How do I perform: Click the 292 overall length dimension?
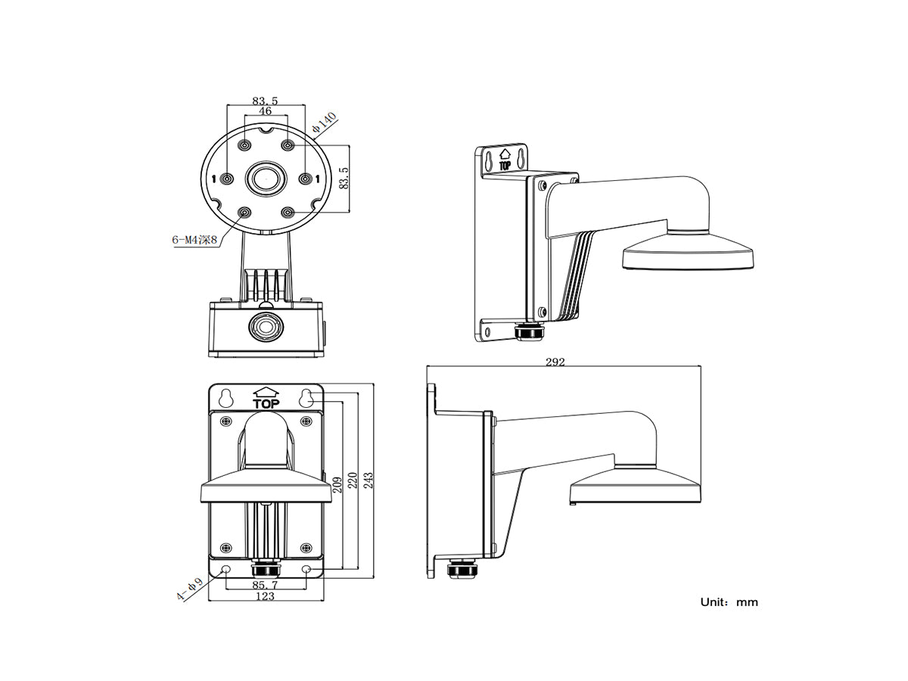[555, 362]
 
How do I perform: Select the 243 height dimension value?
[368, 481]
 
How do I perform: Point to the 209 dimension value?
[337, 482]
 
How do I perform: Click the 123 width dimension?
[264, 596]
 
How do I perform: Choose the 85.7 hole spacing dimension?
[264, 585]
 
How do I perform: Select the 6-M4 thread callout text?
[194, 240]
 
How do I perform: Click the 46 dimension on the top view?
[266, 110]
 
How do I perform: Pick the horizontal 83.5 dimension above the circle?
[266, 99]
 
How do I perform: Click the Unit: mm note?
[729, 602]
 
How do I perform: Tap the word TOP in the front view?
[266, 403]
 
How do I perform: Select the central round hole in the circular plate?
[266, 179]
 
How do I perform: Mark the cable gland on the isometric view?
[527, 333]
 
